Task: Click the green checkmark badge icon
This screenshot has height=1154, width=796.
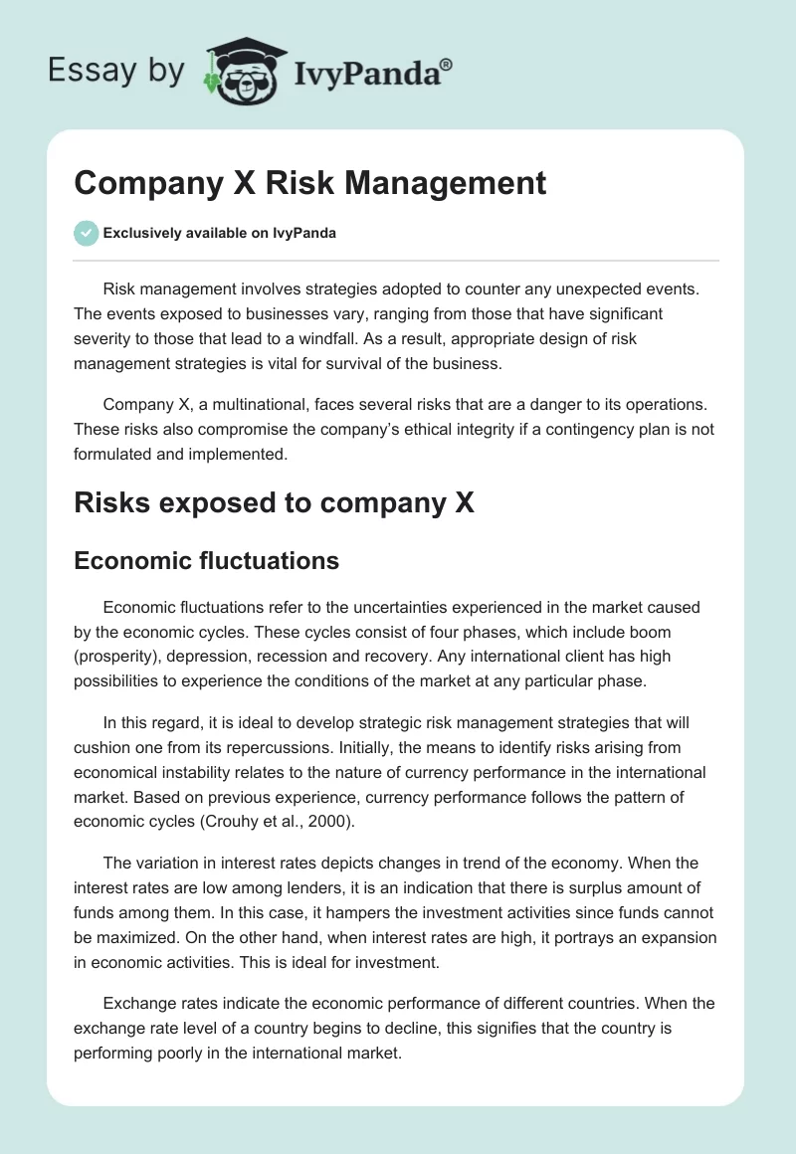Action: coord(86,234)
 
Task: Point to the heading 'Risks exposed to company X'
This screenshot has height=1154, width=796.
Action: coord(275,502)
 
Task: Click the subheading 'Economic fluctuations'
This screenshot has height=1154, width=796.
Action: coord(207,561)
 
